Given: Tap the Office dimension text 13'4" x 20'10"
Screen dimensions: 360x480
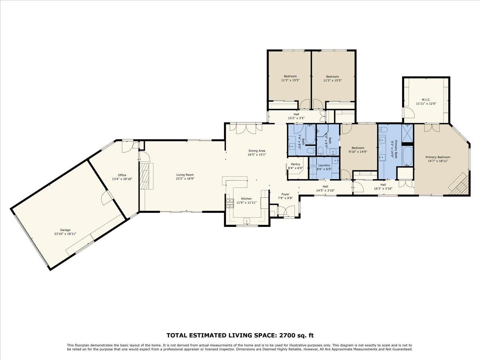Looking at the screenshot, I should [x=122, y=178].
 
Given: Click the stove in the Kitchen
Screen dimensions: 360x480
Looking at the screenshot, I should [x=230, y=204].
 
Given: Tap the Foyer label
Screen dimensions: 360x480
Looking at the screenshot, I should [x=285, y=194].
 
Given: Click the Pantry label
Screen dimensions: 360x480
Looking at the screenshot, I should [x=296, y=164].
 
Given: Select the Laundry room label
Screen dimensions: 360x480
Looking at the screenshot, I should [x=324, y=165].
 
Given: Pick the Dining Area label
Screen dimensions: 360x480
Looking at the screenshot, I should [x=257, y=151].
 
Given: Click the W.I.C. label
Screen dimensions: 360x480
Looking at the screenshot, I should [x=426, y=100].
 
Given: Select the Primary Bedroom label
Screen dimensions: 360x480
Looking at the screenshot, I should [x=438, y=157].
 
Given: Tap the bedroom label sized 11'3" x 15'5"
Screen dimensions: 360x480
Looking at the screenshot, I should [x=290, y=76].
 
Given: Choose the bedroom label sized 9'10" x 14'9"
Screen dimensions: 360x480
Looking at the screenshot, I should [x=358, y=148].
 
